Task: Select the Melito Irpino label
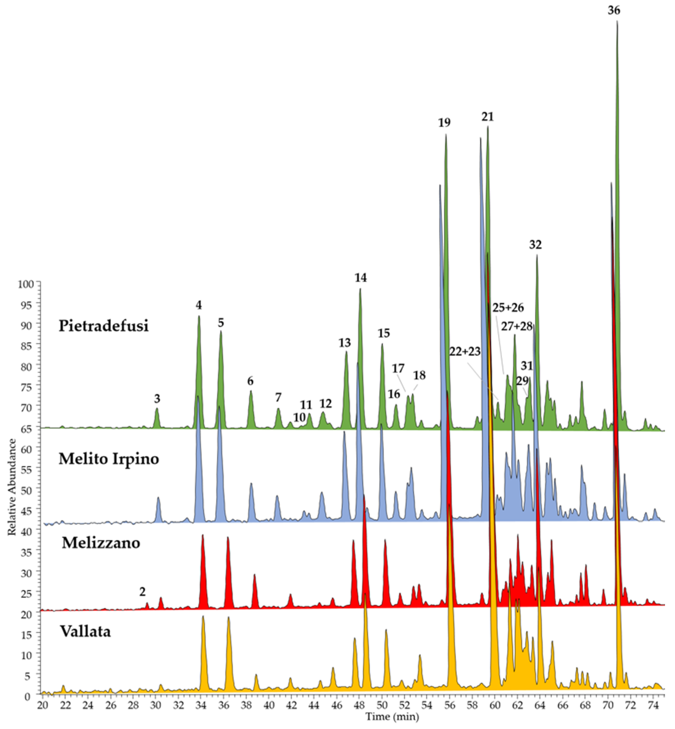(109, 458)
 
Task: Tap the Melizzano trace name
(101, 543)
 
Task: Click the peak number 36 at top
(614, 11)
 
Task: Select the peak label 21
(487, 117)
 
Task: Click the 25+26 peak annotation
(508, 308)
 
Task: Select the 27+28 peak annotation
(516, 326)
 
